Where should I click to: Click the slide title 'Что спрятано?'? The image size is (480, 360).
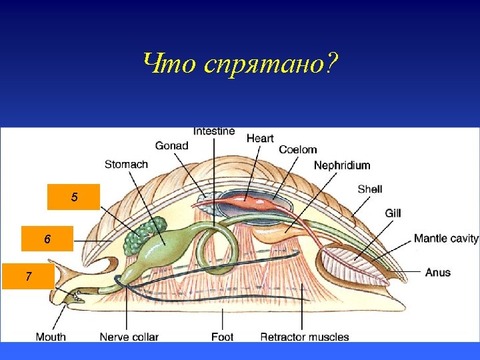(x=240, y=65)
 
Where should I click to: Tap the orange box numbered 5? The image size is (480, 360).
(x=74, y=197)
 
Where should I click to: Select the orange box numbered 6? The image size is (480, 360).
(x=47, y=239)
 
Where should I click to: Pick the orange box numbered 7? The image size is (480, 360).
(x=28, y=275)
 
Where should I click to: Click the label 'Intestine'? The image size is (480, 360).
(x=214, y=131)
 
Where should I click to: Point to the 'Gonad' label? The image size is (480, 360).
(x=171, y=145)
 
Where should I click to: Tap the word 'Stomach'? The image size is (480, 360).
(x=126, y=164)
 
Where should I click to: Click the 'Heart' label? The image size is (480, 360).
(x=260, y=138)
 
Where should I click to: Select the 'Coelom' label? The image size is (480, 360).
(x=297, y=150)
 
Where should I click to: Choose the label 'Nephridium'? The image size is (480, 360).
(x=341, y=165)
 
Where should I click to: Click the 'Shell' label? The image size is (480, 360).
(x=369, y=189)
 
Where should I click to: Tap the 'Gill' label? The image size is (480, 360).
(x=393, y=213)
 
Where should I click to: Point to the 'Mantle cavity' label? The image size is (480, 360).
(x=446, y=238)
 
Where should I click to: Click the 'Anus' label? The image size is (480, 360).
(x=438, y=272)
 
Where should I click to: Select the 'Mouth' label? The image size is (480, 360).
(x=51, y=337)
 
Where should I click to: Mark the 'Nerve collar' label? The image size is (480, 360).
(x=129, y=337)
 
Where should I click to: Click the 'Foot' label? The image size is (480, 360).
(x=222, y=337)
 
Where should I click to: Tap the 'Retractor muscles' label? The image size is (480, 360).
(x=304, y=337)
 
